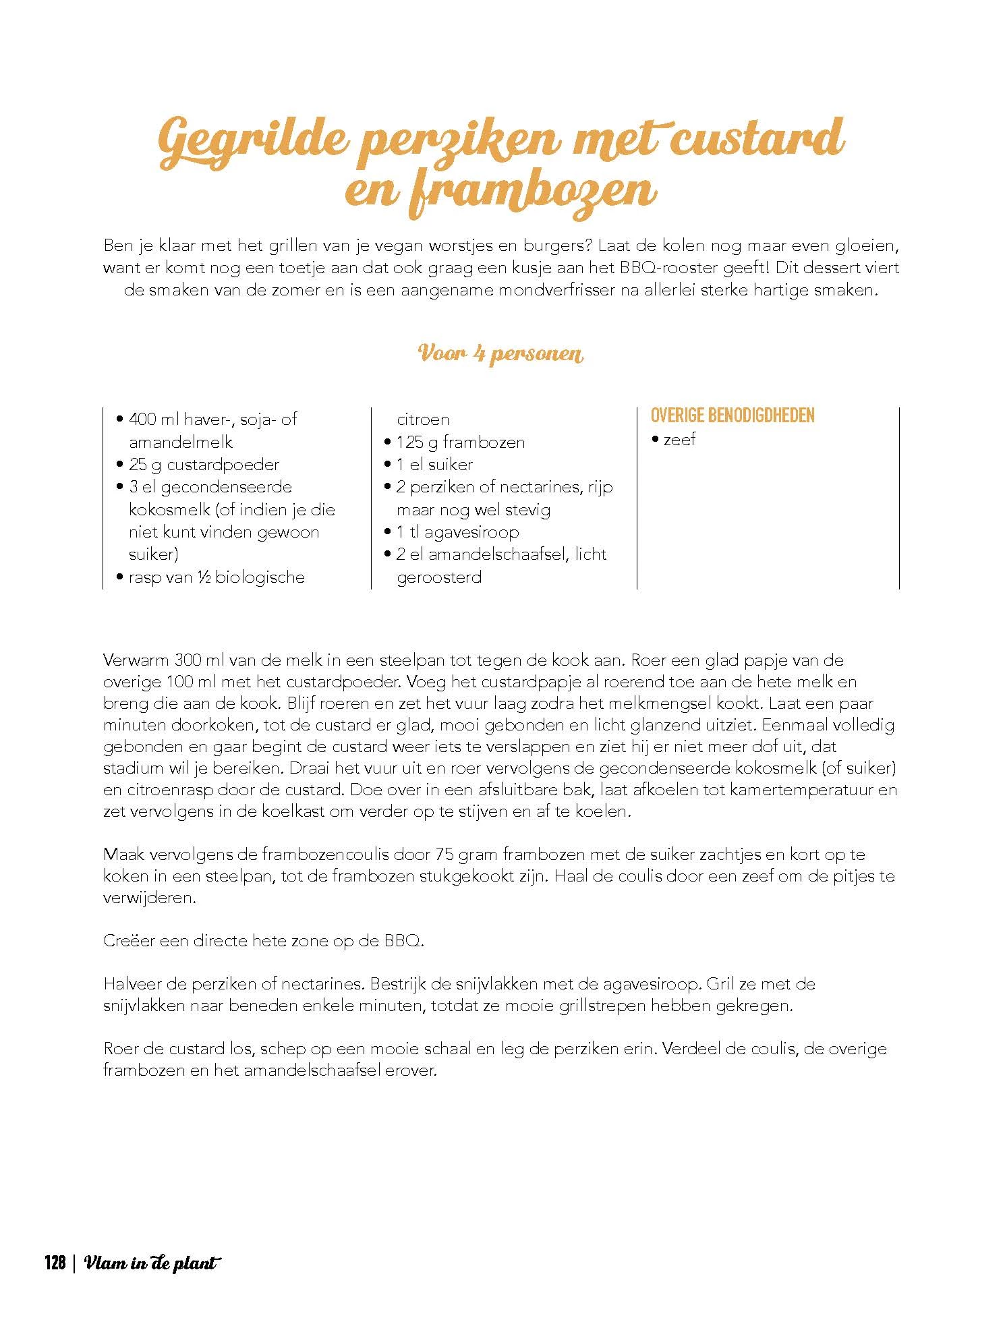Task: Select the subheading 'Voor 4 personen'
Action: click(500, 353)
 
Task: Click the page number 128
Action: click(55, 1263)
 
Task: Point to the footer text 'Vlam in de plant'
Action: click(153, 1263)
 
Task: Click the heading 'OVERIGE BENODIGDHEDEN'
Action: click(733, 415)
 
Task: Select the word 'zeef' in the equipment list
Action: click(679, 440)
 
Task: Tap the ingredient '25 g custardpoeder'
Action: click(204, 464)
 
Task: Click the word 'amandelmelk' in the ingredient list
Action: click(181, 442)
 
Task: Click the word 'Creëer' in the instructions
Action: click(129, 940)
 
